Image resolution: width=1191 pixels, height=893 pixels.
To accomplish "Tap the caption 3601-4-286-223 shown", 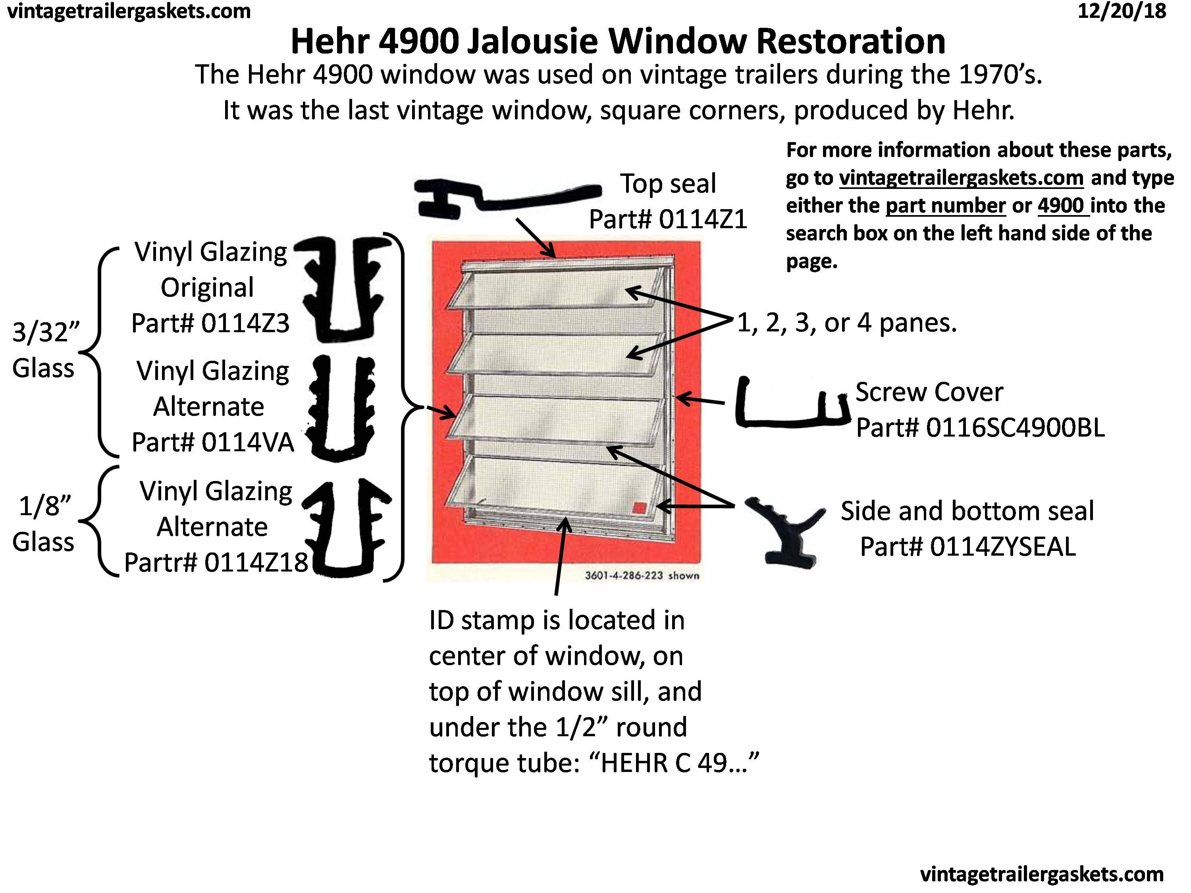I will tap(642, 575).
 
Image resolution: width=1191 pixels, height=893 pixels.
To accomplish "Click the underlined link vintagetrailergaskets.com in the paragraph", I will tap(961, 178).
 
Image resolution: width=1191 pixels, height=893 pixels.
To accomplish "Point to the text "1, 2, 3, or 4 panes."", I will tap(846, 323).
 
